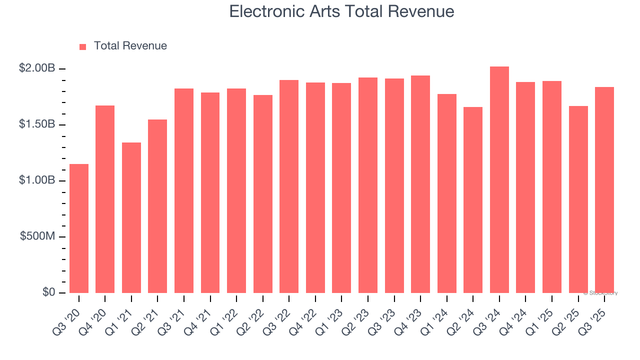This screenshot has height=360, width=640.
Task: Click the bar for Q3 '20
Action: coord(79,228)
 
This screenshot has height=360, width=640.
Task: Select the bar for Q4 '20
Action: coord(105,199)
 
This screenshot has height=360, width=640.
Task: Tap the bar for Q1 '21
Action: coord(131,217)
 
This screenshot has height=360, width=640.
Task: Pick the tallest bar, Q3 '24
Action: coord(499,179)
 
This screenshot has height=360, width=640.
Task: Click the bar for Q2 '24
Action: coord(473,200)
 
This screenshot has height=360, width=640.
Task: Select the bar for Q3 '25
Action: coord(604,190)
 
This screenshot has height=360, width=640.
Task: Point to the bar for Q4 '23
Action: coord(420,184)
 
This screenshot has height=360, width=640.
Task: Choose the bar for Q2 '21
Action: coord(157,206)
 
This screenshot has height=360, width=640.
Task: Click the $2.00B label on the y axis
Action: coord(37,68)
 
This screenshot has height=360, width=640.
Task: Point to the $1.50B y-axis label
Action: coord(37,124)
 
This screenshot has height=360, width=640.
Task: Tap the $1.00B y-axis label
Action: coord(37,180)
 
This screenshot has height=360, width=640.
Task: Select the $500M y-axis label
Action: coord(37,236)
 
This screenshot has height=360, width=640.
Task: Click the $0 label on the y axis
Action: coord(48,292)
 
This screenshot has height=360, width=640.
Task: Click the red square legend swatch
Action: coord(83,46)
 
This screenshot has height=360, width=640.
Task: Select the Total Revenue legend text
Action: coord(130,46)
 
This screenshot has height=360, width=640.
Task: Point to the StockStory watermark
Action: coord(600,293)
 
